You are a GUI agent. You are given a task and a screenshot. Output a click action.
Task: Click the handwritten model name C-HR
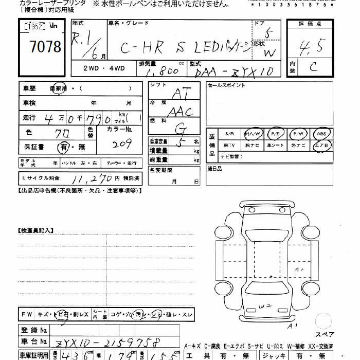[x=141, y=48]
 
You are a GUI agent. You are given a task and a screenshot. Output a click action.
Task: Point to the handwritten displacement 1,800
[x=162, y=72]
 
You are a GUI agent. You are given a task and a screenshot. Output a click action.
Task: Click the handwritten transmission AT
[x=181, y=93]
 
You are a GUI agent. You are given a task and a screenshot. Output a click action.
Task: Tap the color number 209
[x=122, y=145]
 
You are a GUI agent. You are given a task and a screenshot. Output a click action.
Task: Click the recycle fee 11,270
[x=92, y=178]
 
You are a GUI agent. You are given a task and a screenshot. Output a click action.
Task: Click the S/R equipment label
[x=229, y=134]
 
